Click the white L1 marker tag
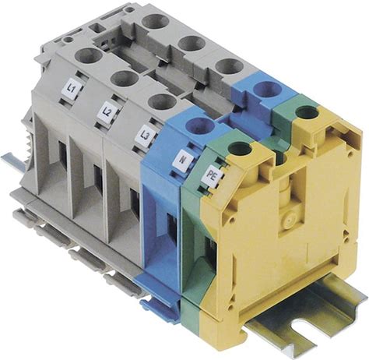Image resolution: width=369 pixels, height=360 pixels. (73, 90)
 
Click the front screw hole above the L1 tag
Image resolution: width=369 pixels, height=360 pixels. (89, 55)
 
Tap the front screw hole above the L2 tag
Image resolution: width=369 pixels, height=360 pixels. (125, 79)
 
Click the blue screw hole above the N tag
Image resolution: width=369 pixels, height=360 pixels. (199, 125)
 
